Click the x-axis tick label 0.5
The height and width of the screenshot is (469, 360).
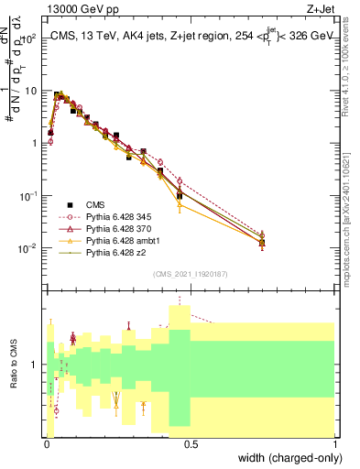coord(190,444)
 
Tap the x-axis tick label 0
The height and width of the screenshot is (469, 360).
coord(45,444)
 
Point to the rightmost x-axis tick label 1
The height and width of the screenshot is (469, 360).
coord(334,444)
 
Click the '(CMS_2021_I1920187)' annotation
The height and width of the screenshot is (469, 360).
coord(190,274)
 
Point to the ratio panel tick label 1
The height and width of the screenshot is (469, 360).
coord(35,365)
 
